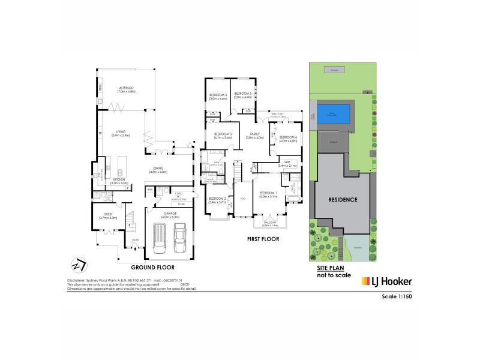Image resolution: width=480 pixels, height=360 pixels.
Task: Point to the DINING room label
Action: point(158,170)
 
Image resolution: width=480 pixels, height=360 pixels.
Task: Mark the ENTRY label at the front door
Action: point(136,241)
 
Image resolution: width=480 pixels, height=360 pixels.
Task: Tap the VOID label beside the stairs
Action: point(242,199)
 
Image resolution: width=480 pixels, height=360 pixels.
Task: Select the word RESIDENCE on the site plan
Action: point(343,199)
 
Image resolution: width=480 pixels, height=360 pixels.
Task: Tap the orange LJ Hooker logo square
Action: point(365,281)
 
